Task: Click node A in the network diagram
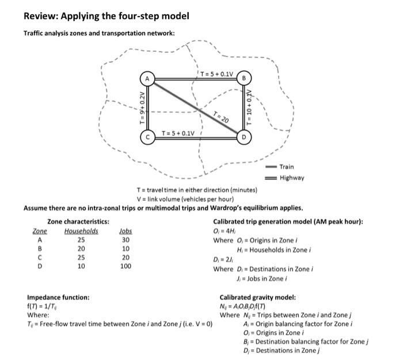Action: (x=148, y=78)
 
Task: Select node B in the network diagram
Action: (x=244, y=78)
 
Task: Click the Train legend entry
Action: (x=287, y=167)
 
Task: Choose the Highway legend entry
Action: (x=291, y=178)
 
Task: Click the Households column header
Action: (x=81, y=231)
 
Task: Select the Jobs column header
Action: (x=125, y=231)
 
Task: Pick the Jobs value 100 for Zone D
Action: (x=125, y=266)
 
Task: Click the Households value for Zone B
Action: (x=81, y=249)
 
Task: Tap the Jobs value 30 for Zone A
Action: (x=125, y=240)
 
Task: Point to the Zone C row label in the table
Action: (x=39, y=258)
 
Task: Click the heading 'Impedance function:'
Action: (x=58, y=297)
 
